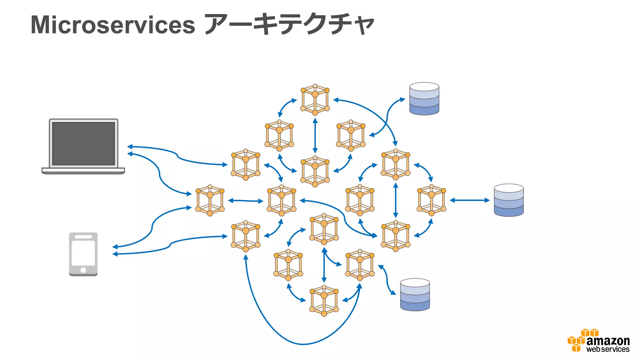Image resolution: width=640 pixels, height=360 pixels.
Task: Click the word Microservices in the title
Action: click(x=113, y=25)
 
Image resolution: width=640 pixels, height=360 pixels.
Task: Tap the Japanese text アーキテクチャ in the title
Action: click(x=289, y=24)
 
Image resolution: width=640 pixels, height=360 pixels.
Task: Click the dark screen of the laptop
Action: click(x=83, y=143)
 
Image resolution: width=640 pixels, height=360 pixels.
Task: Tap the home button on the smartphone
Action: click(x=83, y=270)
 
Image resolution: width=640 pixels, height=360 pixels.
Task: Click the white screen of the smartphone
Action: click(x=83, y=253)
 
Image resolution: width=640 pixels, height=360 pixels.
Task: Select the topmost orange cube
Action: click(x=315, y=100)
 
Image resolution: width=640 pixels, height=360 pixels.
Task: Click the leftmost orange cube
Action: click(x=210, y=200)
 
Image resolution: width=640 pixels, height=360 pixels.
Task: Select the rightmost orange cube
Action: click(x=431, y=200)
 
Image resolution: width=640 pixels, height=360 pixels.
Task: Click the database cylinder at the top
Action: click(x=424, y=99)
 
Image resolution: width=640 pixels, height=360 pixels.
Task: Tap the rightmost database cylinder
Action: click(x=508, y=200)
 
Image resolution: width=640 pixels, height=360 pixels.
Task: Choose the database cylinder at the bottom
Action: click(x=415, y=295)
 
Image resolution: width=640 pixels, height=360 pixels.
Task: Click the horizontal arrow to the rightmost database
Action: click(x=469, y=200)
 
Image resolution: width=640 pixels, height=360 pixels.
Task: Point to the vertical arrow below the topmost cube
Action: click(x=315, y=135)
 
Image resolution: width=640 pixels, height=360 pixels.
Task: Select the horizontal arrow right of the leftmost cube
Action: click(x=246, y=201)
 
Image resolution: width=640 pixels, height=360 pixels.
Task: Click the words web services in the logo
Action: click(x=607, y=349)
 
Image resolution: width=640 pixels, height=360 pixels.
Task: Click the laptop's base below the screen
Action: click(x=83, y=171)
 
